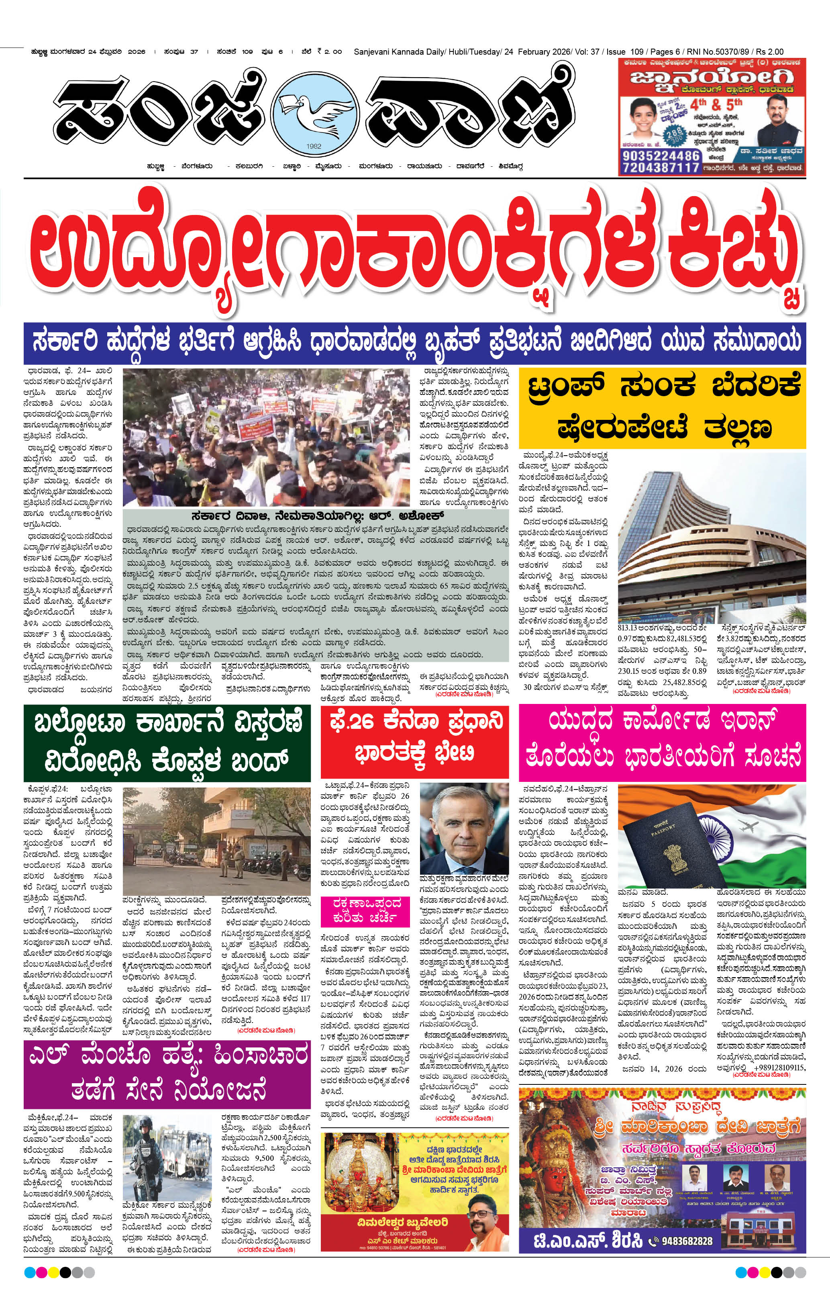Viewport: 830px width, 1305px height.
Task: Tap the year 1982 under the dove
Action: pyautogui.click(x=314, y=146)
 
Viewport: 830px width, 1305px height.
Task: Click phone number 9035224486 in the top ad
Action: pyautogui.click(x=661, y=155)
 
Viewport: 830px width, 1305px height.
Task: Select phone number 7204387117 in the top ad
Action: pyautogui.click(x=661, y=168)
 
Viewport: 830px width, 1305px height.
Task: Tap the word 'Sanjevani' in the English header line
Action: pyautogui.click(x=371, y=52)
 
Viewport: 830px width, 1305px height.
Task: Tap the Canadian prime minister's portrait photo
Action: pyautogui.click(x=464, y=827)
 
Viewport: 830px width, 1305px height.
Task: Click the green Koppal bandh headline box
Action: pyautogui.click(x=167, y=742)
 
